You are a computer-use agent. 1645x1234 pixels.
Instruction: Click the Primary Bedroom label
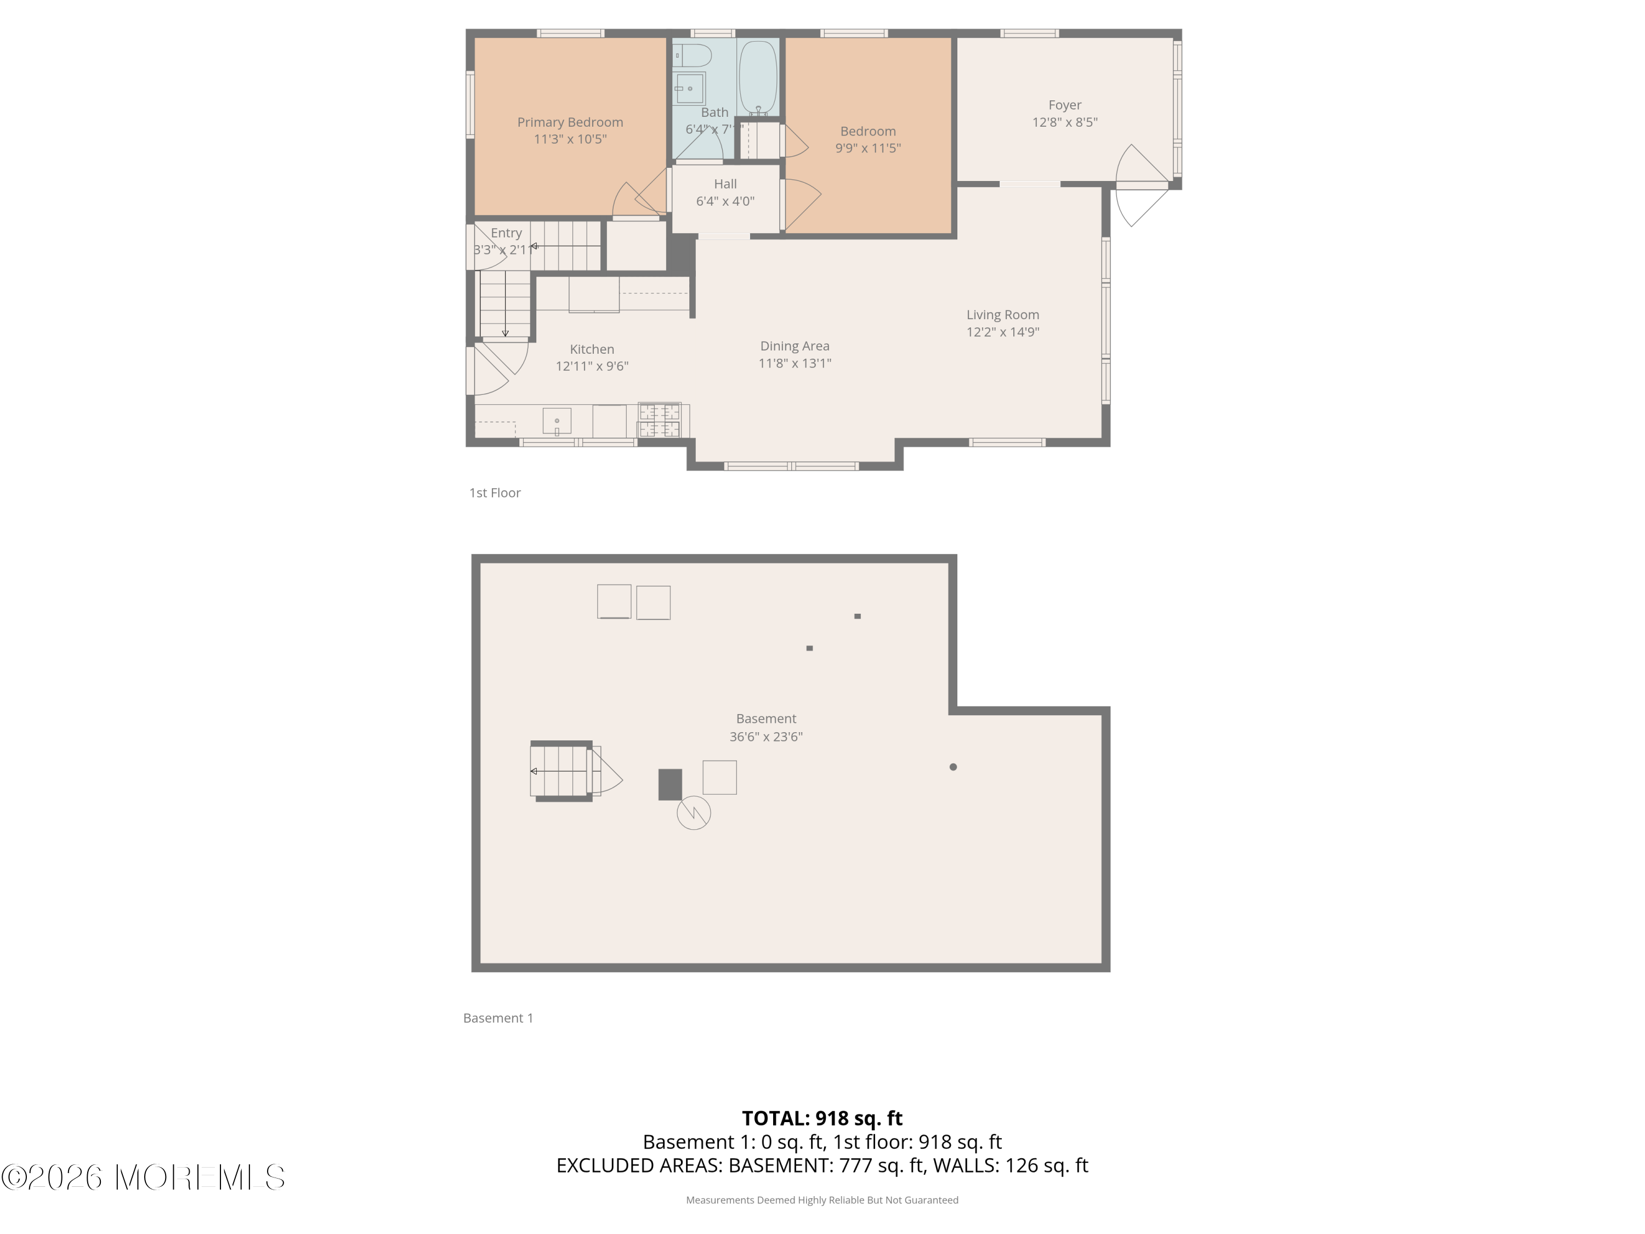[570, 122]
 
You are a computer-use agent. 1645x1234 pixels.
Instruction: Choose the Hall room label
[725, 184]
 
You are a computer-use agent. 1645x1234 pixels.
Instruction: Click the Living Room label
[1002, 315]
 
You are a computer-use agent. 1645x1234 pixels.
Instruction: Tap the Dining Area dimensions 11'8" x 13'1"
[794, 364]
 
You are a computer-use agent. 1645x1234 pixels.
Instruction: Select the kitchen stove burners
[660, 420]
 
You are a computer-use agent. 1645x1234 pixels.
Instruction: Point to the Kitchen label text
[592, 349]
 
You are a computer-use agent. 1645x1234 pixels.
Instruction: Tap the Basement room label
[766, 718]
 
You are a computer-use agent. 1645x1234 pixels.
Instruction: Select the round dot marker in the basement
[952, 767]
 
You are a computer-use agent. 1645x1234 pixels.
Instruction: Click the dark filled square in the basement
[670, 785]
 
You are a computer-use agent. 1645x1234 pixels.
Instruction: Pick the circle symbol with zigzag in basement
[693, 813]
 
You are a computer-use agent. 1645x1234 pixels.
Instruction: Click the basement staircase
[561, 771]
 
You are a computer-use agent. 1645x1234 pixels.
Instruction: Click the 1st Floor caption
[495, 493]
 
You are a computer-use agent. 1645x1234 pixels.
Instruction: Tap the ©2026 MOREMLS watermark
[143, 1178]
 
